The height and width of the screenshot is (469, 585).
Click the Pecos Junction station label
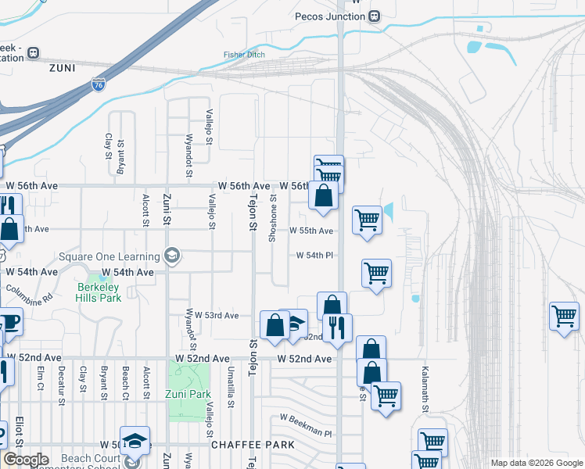(331, 16)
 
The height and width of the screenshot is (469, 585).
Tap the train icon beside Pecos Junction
(375, 16)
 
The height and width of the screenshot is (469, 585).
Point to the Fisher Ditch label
(244, 55)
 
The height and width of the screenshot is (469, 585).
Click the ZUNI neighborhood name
(62, 68)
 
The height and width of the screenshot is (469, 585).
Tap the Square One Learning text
(109, 256)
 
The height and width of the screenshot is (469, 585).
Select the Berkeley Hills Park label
(99, 292)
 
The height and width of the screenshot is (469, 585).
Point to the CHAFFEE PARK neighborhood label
(252, 444)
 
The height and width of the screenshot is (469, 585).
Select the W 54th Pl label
(314, 256)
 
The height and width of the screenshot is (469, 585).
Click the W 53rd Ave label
(217, 315)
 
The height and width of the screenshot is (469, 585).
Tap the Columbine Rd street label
(29, 295)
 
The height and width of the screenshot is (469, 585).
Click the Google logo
(27, 460)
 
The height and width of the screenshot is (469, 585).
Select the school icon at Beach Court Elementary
(135, 441)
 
